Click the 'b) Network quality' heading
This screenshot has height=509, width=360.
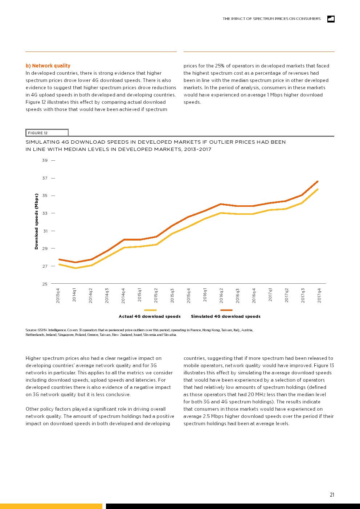click(48, 66)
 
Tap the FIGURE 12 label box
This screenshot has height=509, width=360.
click(47, 133)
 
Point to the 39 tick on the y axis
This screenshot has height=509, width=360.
click(45, 160)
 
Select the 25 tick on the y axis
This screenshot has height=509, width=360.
click(45, 284)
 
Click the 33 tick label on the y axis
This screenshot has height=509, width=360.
click(45, 213)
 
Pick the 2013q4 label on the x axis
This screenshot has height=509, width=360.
click(58, 296)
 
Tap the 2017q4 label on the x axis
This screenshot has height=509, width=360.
click(319, 296)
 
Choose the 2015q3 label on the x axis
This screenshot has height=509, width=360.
click(172, 296)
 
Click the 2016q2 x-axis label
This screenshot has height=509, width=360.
click(221, 296)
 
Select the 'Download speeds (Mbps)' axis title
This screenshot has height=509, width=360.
click(36, 221)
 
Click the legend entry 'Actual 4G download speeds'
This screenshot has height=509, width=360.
click(150, 316)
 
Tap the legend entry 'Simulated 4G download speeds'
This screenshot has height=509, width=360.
click(226, 316)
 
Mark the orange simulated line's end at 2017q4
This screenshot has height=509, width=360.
click(318, 181)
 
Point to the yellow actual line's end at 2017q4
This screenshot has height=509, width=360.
click(318, 189)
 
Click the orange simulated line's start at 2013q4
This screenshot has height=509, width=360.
click(59, 259)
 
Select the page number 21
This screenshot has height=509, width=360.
click(332, 495)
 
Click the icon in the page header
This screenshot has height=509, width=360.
click(331, 19)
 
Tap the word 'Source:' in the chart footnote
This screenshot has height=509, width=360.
click(31, 330)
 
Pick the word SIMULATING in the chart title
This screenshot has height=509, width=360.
click(46, 142)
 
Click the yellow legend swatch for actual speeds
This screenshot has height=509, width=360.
click(150, 310)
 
